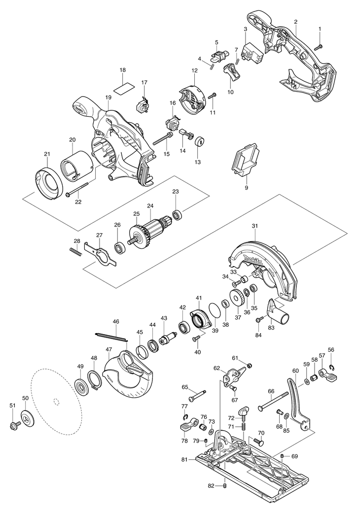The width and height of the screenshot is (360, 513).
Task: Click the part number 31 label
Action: click(x=254, y=226)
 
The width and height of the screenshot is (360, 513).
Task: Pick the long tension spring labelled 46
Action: click(x=111, y=336)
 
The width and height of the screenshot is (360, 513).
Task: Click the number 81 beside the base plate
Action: click(x=184, y=460)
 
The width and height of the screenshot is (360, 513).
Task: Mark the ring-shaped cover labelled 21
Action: click(x=49, y=183)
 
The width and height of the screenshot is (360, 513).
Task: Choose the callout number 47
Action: click(x=108, y=349)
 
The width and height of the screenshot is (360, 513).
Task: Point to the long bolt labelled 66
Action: click(x=272, y=400)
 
